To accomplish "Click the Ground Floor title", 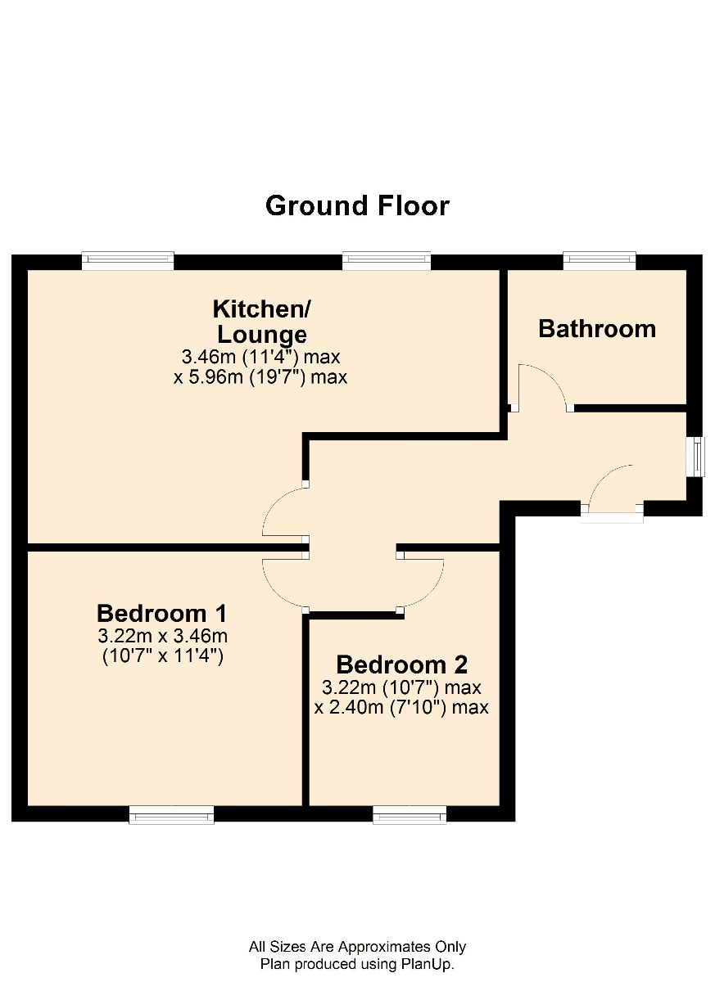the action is pos(357,205).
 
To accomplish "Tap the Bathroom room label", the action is pos(596,329).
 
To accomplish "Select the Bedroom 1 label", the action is pos(162,613).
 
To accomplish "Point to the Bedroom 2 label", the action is pos(402,664).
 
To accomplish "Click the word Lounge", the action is pos(262,335).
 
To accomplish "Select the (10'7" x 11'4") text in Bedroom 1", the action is pos(163,655).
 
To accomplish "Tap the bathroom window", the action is pos(600,260).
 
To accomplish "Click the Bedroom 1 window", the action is pos(171,815).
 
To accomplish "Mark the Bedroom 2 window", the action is pos(410,815).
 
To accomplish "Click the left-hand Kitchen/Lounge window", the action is pos(128,260).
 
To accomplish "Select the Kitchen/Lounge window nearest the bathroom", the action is pos(387,260).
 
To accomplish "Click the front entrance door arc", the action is pos(601,478).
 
